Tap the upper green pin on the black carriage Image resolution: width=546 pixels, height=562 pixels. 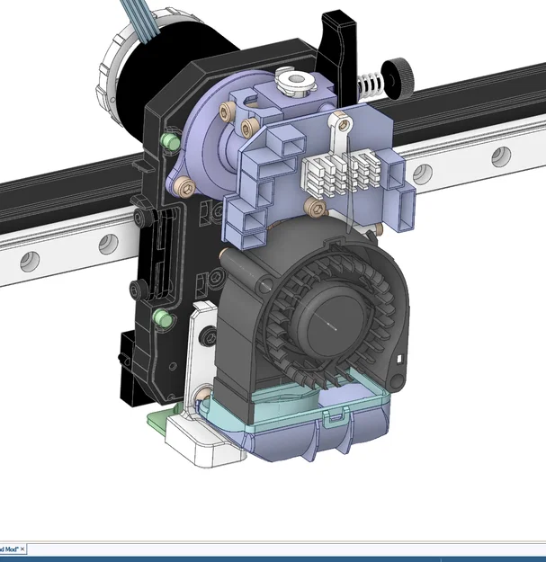(x=166, y=141)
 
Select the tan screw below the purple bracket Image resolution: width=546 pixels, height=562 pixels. (x=314, y=209)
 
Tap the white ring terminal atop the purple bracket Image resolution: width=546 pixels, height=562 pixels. (x=341, y=120)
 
